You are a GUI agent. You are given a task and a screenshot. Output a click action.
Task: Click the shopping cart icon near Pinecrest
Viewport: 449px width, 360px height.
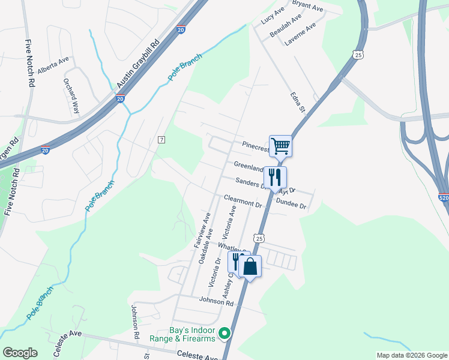[x=280, y=145]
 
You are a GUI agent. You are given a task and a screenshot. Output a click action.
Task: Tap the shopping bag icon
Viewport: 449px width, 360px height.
[x=250, y=266]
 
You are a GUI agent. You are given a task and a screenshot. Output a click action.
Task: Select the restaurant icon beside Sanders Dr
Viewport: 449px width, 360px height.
[x=275, y=177]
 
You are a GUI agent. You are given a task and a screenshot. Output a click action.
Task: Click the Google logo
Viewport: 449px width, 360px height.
[x=20, y=353]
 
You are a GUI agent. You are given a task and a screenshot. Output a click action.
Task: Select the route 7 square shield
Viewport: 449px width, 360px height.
[x=161, y=140]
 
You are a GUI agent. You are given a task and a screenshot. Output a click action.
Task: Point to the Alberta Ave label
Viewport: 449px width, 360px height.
[x=53, y=65]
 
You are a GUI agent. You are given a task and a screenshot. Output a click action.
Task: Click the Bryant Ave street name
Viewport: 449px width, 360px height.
[x=307, y=7]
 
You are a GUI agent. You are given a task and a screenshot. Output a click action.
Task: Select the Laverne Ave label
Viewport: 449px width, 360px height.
[x=301, y=32]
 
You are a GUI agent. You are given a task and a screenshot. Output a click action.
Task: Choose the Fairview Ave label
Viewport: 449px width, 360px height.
[x=201, y=230]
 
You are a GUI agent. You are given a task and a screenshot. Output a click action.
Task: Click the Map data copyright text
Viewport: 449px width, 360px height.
[x=411, y=355]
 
